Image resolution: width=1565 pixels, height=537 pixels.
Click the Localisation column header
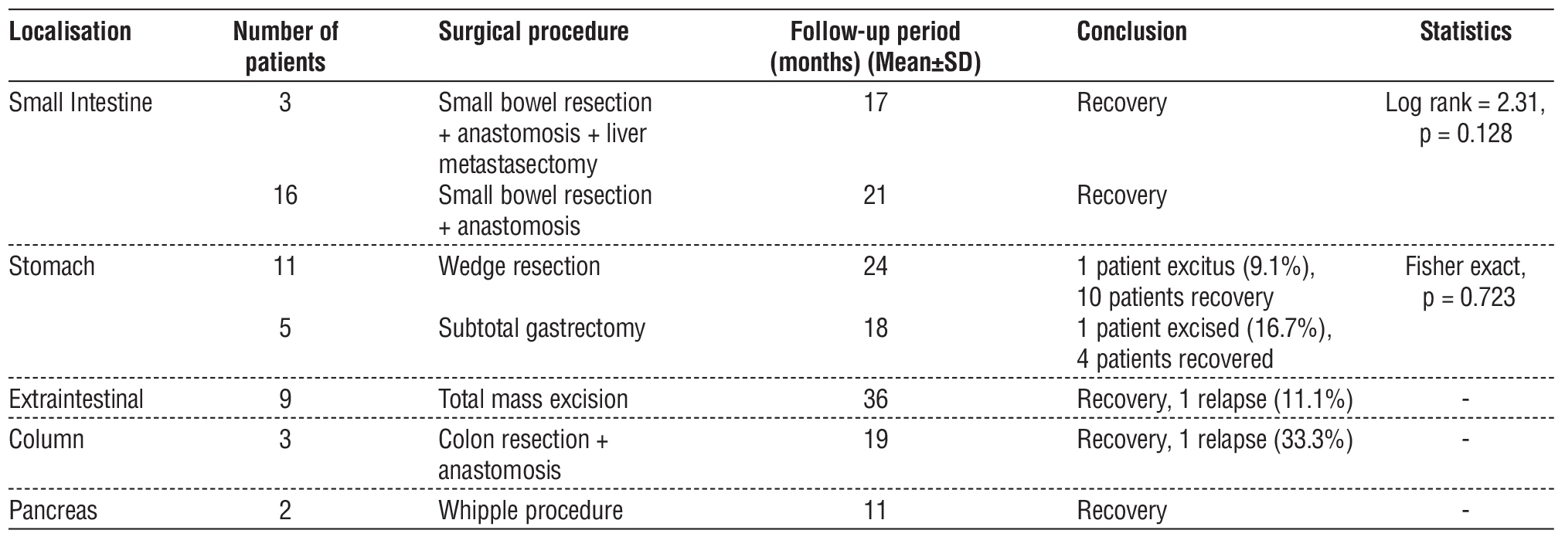point(70,32)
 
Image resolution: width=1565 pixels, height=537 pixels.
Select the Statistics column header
point(1465,32)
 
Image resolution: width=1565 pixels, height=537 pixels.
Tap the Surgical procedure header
point(533,32)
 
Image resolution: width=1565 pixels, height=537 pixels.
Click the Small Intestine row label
point(80,103)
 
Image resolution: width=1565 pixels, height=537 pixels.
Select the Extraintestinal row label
point(76,399)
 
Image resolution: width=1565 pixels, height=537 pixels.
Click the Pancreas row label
point(53,511)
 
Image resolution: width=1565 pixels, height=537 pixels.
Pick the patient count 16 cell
point(285,195)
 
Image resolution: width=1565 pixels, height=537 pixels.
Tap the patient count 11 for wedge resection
point(285,267)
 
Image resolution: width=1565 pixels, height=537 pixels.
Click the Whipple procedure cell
point(530,511)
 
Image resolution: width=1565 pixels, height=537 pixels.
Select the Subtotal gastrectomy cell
point(541,328)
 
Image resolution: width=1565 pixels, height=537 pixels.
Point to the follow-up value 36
point(875,399)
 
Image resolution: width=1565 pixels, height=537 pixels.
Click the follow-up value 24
point(875,267)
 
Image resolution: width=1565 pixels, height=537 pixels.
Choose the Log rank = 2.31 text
point(1465,103)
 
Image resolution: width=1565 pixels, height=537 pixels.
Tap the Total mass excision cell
point(533,399)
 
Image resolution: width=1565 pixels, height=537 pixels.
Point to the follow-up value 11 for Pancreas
point(875,511)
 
